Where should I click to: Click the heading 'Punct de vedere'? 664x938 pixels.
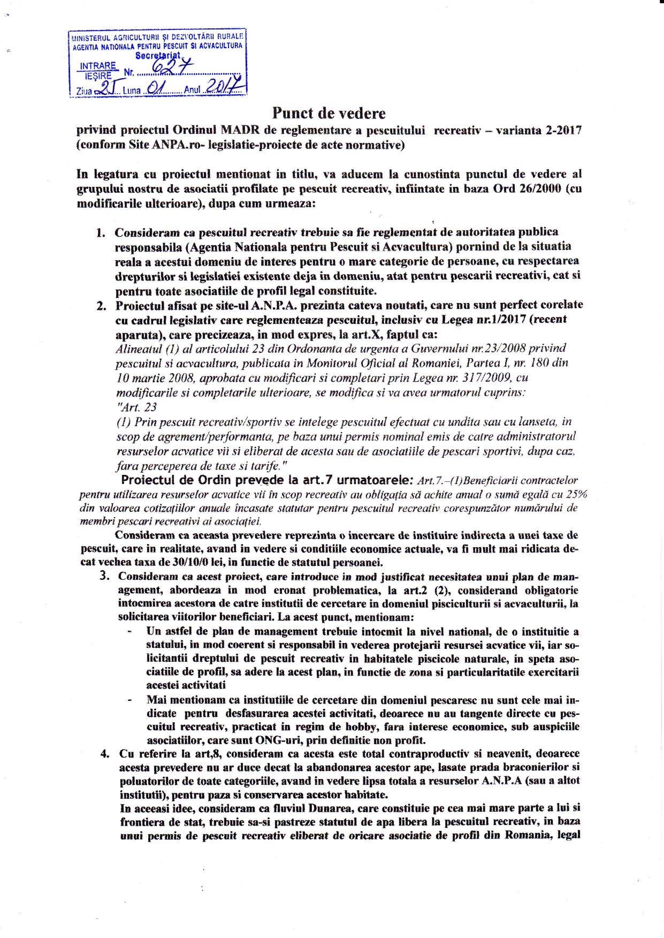(x=329, y=113)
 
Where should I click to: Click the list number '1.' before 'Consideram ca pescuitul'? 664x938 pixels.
(x=101, y=233)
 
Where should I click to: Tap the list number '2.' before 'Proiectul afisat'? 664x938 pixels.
(x=101, y=306)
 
